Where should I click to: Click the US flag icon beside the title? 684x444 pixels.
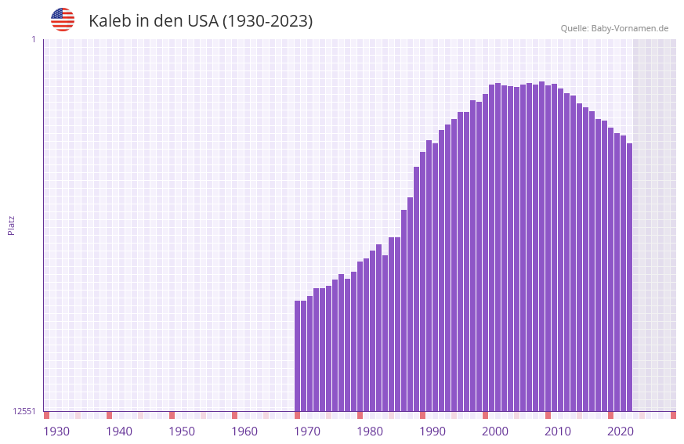[x=63, y=20]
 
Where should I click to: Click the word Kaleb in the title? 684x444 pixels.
[x=110, y=21]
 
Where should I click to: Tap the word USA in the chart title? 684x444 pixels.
[x=202, y=21]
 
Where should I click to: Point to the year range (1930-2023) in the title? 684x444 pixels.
[x=267, y=21]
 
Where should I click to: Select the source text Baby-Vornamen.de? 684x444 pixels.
[x=630, y=28]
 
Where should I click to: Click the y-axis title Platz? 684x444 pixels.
[x=11, y=225]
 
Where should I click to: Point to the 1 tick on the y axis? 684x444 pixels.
[x=33, y=39]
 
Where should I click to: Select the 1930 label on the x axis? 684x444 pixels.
[x=56, y=431]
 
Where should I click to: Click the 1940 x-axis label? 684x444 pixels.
[x=119, y=431]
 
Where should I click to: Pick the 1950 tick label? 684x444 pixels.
[x=182, y=431]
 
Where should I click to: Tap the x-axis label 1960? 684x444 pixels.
[x=244, y=431]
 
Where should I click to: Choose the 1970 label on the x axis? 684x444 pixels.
[x=307, y=431]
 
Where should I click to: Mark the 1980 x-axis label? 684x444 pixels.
[x=370, y=431]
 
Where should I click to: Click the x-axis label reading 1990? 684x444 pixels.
[x=432, y=431]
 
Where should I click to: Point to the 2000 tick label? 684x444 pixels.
[x=495, y=431]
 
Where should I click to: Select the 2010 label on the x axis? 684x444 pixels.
[x=558, y=431]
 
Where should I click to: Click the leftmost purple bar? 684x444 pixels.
[x=298, y=356]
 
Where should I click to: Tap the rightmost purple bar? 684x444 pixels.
[x=629, y=277]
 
